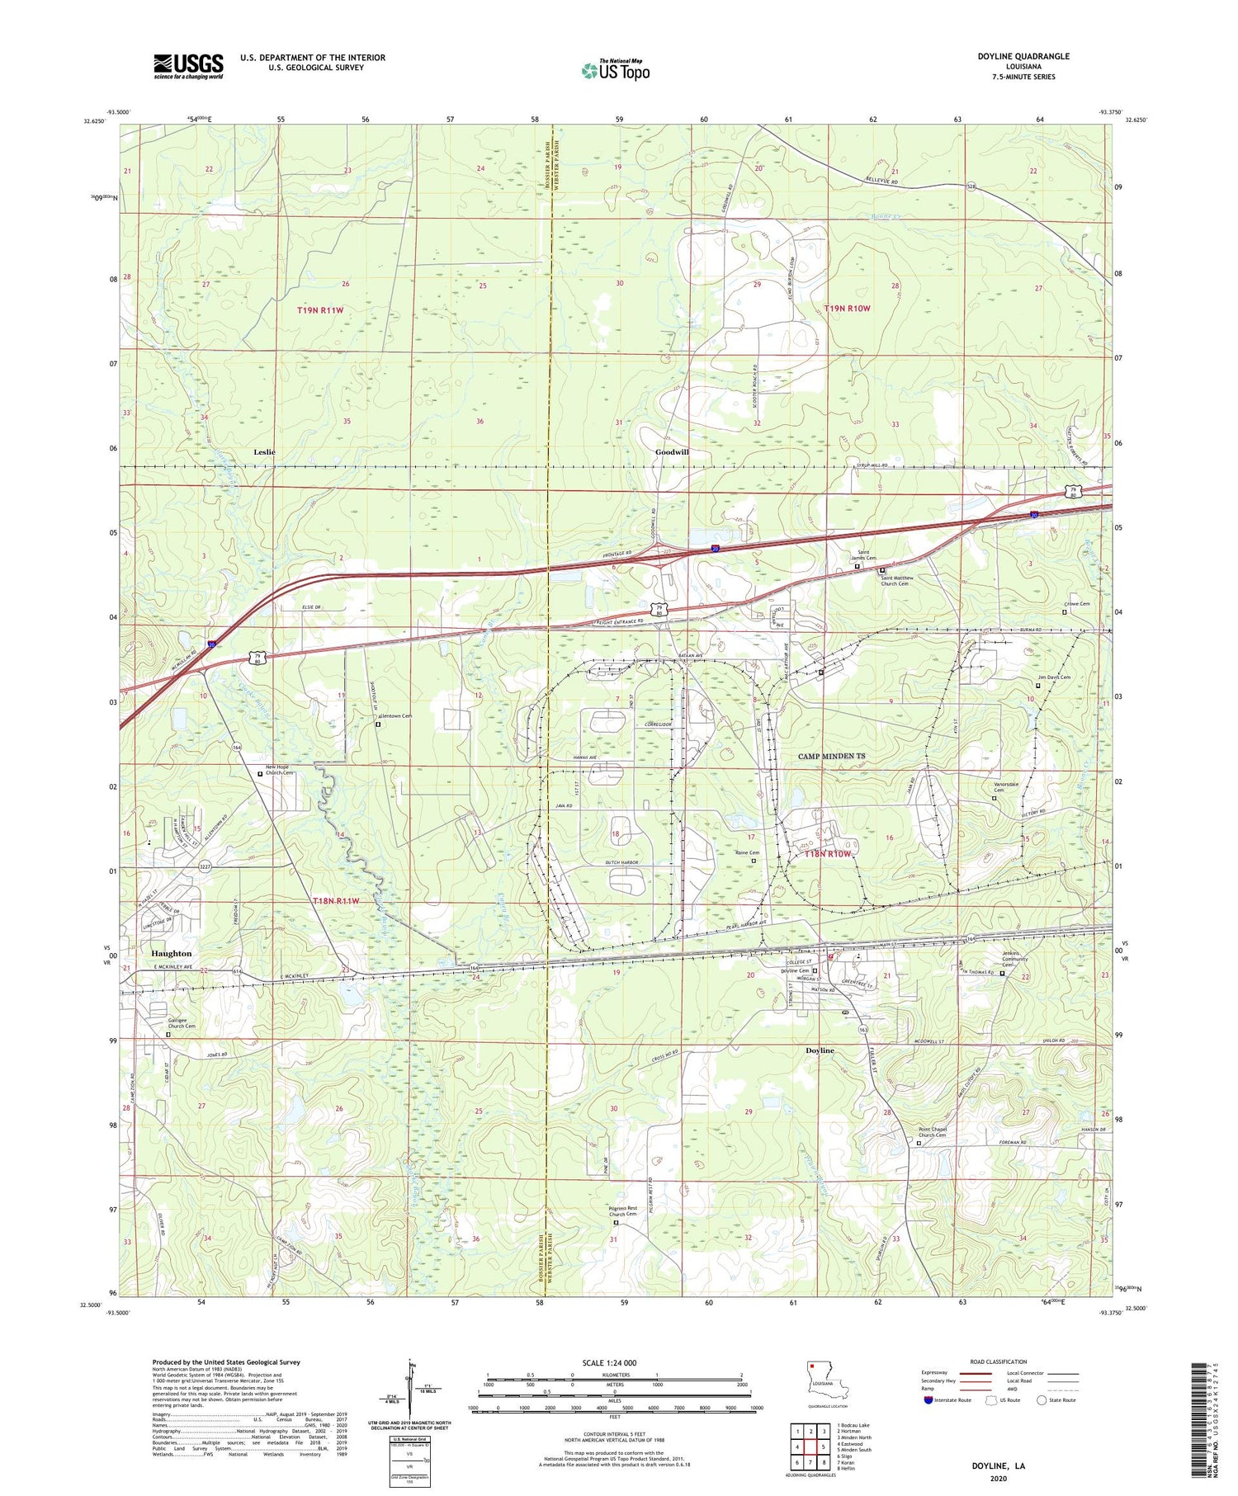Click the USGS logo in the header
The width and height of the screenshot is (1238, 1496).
tap(188, 66)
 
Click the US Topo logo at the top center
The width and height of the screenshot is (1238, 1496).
tap(615, 70)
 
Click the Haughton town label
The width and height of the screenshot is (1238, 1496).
tap(172, 953)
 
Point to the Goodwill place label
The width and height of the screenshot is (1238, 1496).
tap(672, 452)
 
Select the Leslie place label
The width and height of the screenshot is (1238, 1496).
tap(264, 452)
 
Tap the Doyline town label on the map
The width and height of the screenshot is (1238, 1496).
tap(820, 1050)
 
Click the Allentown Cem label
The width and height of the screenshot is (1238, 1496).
tap(395, 716)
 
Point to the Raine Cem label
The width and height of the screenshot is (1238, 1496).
tap(747, 853)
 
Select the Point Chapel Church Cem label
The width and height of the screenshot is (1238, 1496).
tap(933, 1133)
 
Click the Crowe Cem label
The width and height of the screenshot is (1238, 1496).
tap(1076, 604)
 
